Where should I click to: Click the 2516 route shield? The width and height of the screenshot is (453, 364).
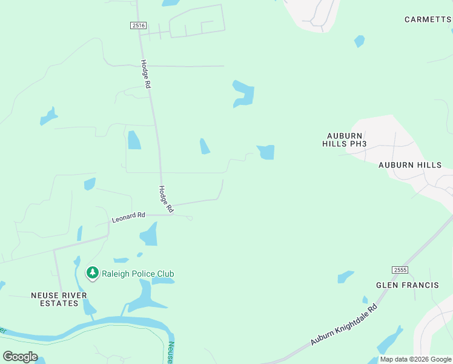point(138,25)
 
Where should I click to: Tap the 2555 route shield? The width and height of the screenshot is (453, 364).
point(399,270)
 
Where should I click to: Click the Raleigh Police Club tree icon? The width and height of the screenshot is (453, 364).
point(93,274)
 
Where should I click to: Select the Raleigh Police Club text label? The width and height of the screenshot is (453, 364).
point(138,274)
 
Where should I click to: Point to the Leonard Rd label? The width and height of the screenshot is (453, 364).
point(128,215)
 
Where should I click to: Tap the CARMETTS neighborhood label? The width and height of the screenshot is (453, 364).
point(428,19)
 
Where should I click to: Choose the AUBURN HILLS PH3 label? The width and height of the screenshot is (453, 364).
point(345,140)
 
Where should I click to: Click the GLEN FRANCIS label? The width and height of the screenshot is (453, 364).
point(407,285)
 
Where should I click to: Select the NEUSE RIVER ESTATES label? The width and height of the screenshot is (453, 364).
point(59,299)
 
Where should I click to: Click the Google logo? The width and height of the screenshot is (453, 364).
point(20,357)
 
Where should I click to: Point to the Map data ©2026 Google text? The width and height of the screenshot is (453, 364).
point(415,359)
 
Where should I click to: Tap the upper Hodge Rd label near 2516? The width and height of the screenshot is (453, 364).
point(145,75)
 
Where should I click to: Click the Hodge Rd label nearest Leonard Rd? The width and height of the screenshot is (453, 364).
point(167,198)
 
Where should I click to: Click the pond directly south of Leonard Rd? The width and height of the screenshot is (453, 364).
point(149,234)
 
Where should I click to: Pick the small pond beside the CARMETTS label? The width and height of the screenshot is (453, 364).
point(360,41)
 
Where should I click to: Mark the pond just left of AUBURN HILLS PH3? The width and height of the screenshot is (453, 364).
point(266,152)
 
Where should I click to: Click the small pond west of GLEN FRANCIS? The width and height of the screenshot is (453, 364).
point(345,277)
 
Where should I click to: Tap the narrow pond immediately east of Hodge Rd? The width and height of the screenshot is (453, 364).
point(205,146)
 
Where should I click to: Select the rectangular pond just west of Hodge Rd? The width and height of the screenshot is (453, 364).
point(134,140)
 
